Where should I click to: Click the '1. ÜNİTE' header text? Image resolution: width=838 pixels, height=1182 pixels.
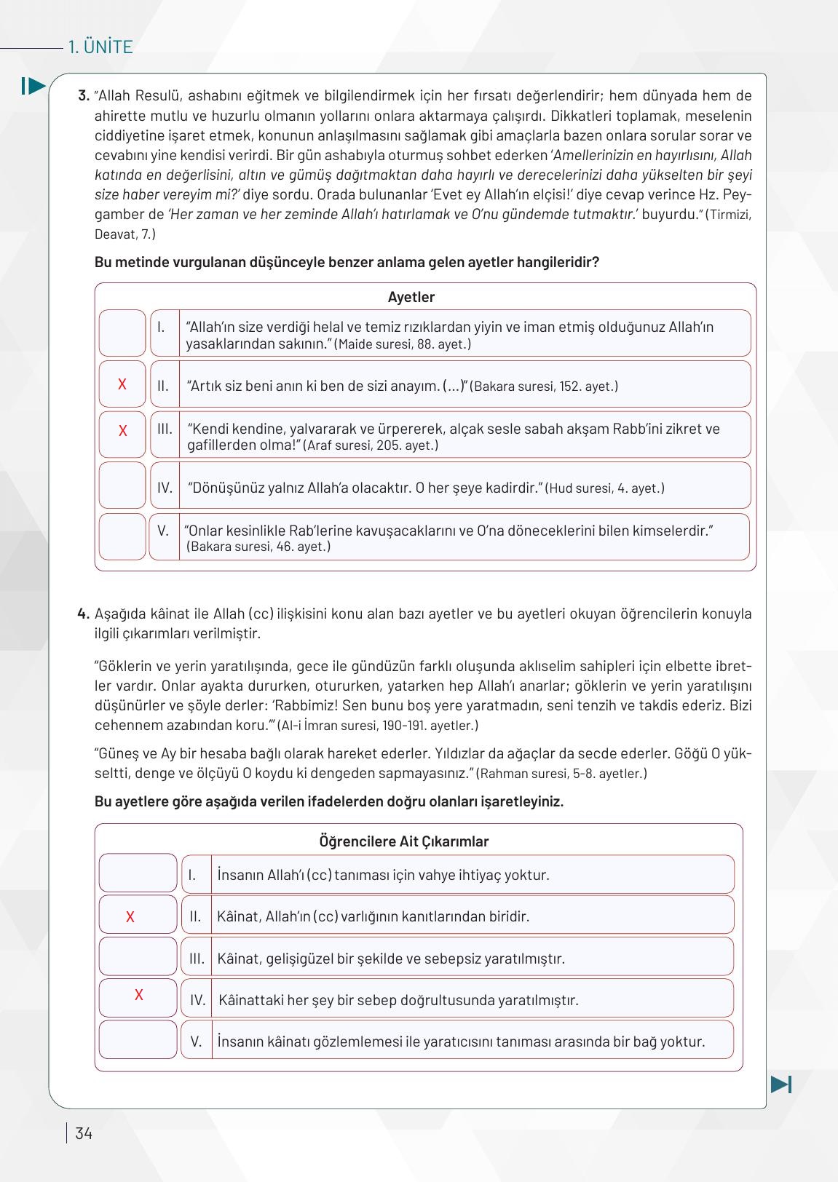click(100, 47)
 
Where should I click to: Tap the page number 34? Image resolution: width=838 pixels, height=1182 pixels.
click(84, 1133)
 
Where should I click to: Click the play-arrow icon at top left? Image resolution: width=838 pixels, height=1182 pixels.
click(33, 86)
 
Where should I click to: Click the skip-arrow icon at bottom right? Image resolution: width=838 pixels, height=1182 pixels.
click(780, 1084)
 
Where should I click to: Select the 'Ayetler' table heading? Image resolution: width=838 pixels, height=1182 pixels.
click(411, 297)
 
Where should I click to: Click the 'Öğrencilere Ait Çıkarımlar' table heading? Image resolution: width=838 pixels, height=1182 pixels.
click(403, 841)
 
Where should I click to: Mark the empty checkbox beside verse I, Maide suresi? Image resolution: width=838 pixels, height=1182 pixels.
click(122, 333)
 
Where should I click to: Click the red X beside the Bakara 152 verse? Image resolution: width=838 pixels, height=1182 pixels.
click(122, 384)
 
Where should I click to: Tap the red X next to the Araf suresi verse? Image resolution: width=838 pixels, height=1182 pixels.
click(122, 431)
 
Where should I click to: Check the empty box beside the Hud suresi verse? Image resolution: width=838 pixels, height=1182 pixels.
click(122, 485)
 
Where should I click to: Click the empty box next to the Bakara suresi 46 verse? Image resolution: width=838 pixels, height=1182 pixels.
click(122, 537)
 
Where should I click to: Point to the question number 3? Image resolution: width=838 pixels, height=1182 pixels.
click(83, 96)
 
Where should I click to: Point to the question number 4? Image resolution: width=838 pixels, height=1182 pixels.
click(83, 614)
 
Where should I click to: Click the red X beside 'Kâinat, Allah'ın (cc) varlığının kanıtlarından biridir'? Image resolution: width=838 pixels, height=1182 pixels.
click(130, 917)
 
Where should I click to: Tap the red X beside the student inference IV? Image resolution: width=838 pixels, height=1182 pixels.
click(139, 995)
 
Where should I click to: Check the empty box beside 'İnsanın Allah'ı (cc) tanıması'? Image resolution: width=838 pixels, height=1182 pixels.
click(138, 873)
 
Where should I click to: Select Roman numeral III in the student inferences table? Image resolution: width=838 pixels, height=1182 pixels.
click(197, 958)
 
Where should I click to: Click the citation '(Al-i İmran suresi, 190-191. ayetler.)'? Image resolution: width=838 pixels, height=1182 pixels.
click(378, 726)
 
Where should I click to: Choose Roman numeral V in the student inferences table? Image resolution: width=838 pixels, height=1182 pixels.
click(196, 1042)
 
